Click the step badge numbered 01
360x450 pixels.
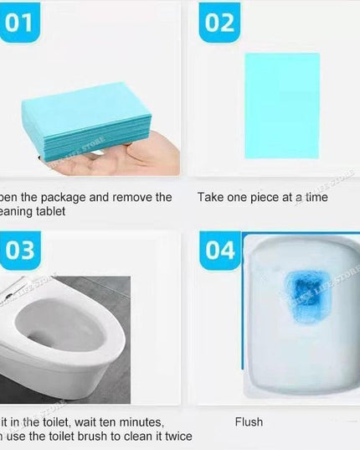click(x=18, y=22)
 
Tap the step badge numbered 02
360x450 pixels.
click(x=219, y=22)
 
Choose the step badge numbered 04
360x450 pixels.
click(x=220, y=251)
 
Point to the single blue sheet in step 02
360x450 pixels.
click(x=282, y=103)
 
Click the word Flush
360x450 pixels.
click(x=248, y=422)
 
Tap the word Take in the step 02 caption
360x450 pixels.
click(x=212, y=198)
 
